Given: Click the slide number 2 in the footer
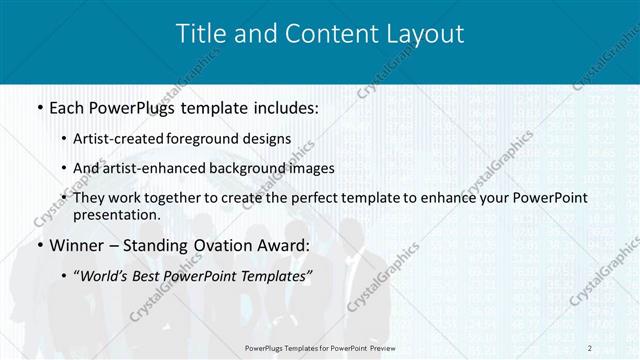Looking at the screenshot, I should [590, 347].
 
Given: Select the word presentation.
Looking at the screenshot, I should [117, 214].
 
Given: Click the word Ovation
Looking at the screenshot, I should [228, 245].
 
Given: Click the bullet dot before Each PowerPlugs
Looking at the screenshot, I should [38, 106].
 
